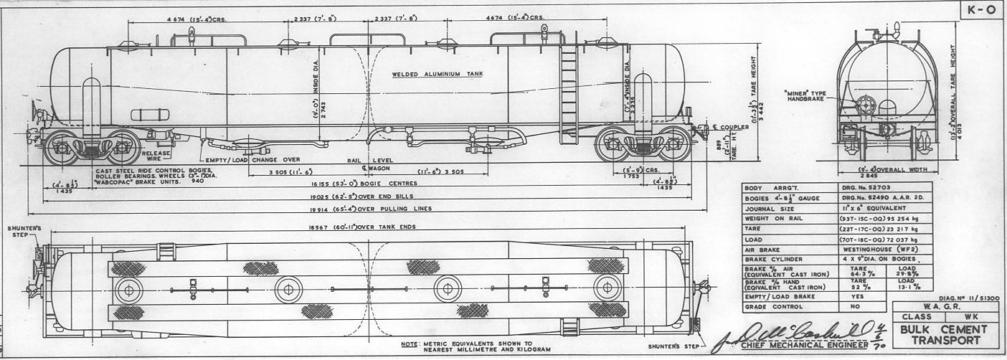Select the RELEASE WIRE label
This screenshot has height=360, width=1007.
(x=156, y=155)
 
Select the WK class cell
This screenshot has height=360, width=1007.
(x=969, y=316)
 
